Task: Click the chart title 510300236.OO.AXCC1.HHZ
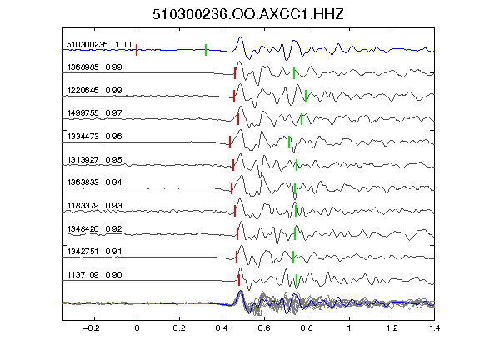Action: point(248,14)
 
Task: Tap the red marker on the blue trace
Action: point(137,50)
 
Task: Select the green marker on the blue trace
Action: point(206,50)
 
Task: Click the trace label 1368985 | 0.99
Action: point(94,67)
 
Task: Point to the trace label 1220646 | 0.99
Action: point(94,91)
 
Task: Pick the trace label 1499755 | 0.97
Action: point(94,113)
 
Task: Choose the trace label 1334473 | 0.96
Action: point(94,136)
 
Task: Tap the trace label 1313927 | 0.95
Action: point(94,159)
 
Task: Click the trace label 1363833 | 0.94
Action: point(94,182)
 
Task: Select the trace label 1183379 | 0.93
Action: point(94,205)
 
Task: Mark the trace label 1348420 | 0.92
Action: point(94,228)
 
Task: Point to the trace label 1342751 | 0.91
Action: point(94,252)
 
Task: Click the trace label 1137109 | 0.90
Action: point(94,275)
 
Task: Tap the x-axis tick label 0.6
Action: point(264,328)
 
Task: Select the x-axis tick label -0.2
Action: point(92,328)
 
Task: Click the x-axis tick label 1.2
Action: point(392,328)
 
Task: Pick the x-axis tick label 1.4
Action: point(434,328)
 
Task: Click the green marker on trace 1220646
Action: point(306,96)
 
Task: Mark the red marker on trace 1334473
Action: point(230,142)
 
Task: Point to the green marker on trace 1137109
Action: point(297,280)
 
